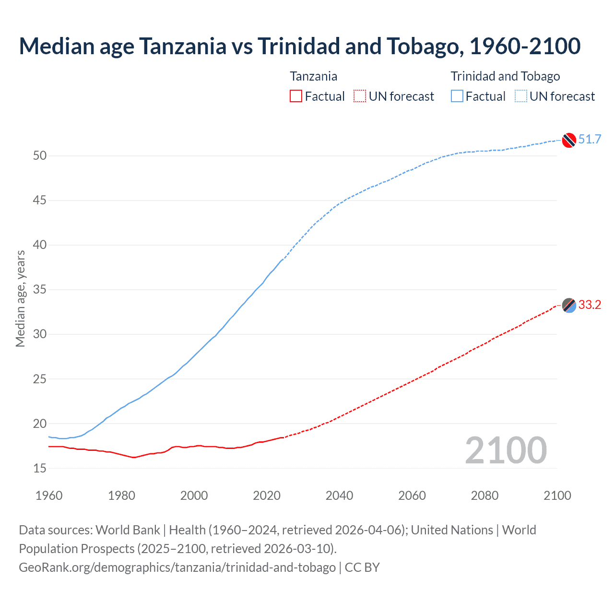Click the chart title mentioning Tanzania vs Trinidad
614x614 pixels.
point(300,46)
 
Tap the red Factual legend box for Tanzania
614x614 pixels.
point(296,96)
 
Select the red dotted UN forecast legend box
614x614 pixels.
point(360,96)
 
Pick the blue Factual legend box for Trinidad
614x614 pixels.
point(457,96)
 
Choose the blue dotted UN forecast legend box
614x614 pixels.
point(521,96)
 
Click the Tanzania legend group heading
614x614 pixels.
point(313,76)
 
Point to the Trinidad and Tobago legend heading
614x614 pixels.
point(505,76)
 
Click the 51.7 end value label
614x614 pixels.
point(590,140)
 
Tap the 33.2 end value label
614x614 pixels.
point(590,305)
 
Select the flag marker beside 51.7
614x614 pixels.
point(569,140)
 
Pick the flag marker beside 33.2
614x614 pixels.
point(569,305)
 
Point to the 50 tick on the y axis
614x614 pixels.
point(40,155)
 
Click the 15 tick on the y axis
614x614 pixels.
point(40,468)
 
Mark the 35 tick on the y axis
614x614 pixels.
point(40,290)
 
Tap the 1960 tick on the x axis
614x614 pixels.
point(49,496)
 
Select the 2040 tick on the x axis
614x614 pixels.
point(339,496)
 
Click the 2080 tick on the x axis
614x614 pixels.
point(484,496)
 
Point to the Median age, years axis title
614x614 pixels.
point(20,298)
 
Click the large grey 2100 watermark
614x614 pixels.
point(506,450)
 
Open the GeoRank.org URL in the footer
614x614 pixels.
point(177,567)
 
